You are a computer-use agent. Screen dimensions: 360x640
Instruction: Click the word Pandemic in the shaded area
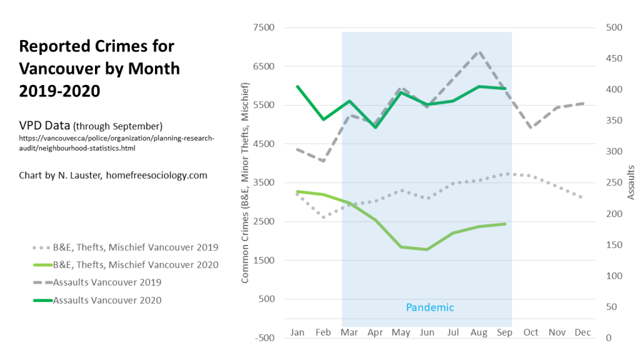click(430, 307)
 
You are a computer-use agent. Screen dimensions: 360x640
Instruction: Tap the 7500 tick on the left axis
click(263, 27)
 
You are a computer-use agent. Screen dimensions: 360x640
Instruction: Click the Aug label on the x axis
click(478, 332)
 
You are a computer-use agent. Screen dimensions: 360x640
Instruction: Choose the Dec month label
click(582, 332)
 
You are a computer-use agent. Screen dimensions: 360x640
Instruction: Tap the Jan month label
click(297, 332)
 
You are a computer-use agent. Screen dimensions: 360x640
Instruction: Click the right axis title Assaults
click(631, 182)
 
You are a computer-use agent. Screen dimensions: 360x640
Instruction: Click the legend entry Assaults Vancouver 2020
click(107, 300)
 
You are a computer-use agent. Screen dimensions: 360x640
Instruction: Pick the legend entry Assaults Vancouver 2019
click(107, 282)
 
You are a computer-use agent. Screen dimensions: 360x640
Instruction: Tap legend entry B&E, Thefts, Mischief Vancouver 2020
click(136, 264)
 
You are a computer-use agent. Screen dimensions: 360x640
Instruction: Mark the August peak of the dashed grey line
click(479, 52)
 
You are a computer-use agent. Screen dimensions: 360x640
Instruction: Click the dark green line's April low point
click(375, 127)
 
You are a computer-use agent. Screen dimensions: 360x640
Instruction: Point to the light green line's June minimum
click(427, 249)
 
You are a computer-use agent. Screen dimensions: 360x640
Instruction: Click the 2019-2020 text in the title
click(59, 91)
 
